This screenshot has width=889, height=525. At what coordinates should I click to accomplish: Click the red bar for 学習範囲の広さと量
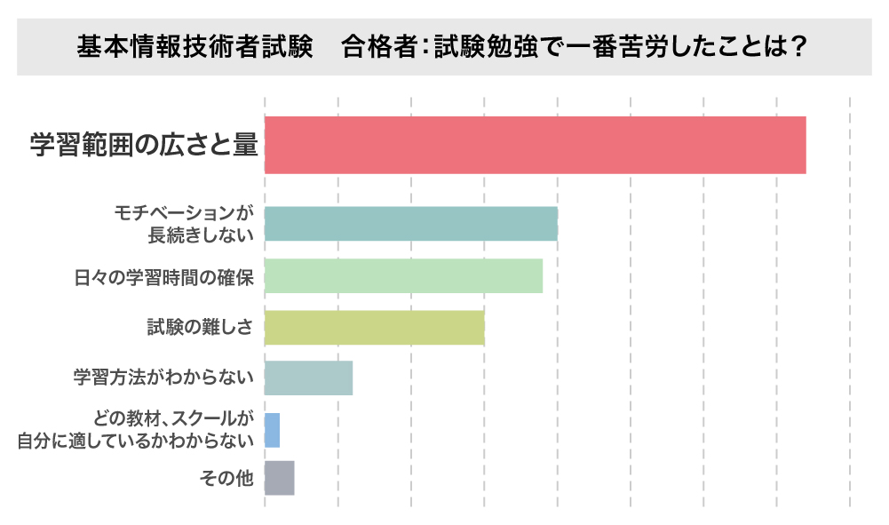(x=535, y=145)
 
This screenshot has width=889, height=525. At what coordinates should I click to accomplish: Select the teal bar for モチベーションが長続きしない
(x=410, y=224)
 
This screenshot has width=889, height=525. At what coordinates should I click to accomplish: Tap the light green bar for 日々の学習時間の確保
(x=403, y=275)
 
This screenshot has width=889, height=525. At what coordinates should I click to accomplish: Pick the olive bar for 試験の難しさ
(x=374, y=327)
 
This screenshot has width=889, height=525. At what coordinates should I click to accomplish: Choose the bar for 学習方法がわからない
(x=308, y=378)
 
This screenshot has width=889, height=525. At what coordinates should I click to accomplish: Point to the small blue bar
(x=272, y=430)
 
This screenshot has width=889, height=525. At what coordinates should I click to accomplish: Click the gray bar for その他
(x=279, y=478)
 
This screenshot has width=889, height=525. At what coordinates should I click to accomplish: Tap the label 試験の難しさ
(x=201, y=327)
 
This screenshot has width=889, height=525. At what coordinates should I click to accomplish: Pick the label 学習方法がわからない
(x=164, y=378)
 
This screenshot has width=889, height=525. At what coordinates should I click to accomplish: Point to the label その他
(x=227, y=479)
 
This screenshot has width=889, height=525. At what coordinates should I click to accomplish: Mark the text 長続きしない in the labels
(x=202, y=235)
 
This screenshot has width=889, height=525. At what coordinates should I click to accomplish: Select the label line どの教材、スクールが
(x=174, y=418)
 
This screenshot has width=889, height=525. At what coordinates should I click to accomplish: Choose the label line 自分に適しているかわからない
(x=137, y=440)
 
